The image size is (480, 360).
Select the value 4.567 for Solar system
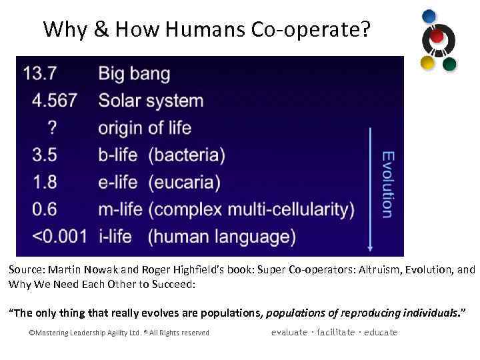[55, 101]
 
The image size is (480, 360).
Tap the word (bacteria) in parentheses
[187, 155]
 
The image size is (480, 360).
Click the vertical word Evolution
[387, 184]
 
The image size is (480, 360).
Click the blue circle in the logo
[430, 17]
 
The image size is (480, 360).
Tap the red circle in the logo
[437, 36]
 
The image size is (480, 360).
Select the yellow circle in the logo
[428, 63]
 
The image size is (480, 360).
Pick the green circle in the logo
[449, 64]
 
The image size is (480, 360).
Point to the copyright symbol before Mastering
[32, 333]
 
